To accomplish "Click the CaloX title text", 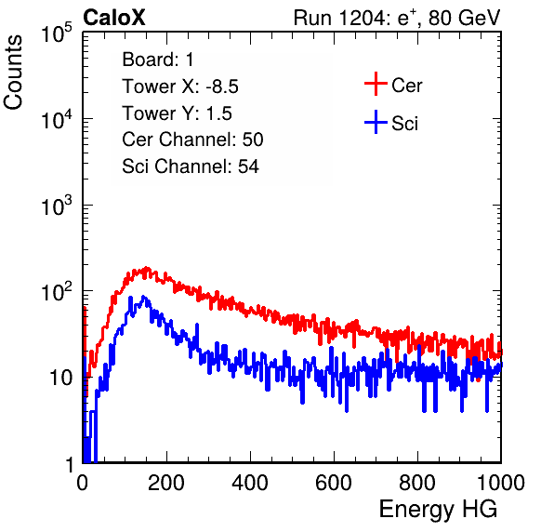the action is [x=114, y=18].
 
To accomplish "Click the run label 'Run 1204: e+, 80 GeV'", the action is [x=397, y=18].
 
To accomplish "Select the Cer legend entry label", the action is [x=406, y=86].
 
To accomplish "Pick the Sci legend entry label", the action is [x=405, y=124].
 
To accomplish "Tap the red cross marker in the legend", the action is [x=376, y=84].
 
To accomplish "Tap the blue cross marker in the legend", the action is [x=376, y=122].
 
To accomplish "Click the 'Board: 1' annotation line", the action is [x=158, y=60].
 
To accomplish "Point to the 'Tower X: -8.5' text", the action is [x=180, y=86].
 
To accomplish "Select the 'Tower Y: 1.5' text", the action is [x=177, y=113].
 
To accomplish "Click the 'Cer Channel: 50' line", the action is [x=192, y=140].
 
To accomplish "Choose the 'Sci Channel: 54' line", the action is [x=191, y=166].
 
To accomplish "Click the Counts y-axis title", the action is [x=13, y=73].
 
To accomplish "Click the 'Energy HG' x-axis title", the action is [x=438, y=510].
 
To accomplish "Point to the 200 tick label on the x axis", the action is [x=166, y=483].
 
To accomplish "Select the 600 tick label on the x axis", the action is [x=334, y=483].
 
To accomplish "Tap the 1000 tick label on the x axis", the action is [x=501, y=483].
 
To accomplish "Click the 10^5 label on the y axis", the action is [x=57, y=33].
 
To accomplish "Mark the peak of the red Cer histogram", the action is [x=146, y=268].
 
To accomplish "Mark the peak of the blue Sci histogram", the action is [x=143, y=296].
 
